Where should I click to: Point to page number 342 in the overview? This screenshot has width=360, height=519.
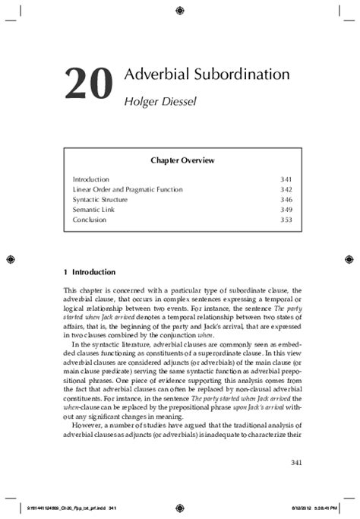point(286,189)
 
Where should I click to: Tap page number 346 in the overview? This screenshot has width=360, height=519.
point(286,199)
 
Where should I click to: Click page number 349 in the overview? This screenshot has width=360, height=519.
point(286,209)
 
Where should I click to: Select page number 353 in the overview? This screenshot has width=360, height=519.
point(286,220)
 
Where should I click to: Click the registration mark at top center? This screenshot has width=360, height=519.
point(179,10)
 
